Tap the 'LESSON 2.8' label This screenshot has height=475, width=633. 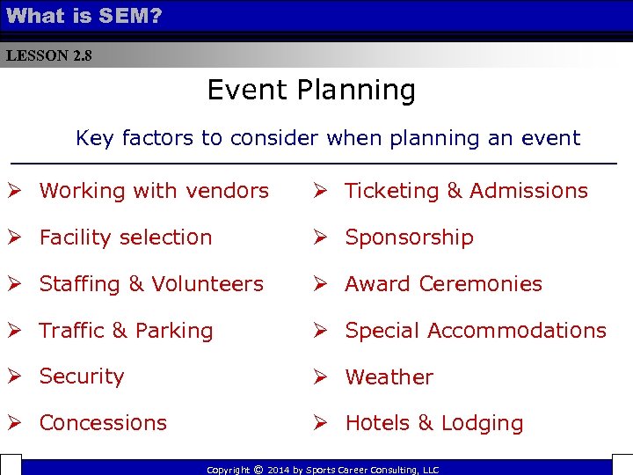(x=48, y=56)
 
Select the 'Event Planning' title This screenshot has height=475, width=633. (x=311, y=91)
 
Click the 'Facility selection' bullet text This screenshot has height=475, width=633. (x=126, y=237)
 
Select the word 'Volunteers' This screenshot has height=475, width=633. (x=207, y=284)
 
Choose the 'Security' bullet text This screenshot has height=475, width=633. (x=82, y=376)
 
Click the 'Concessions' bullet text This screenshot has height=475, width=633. (x=103, y=423)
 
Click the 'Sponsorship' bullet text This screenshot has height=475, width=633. (x=409, y=237)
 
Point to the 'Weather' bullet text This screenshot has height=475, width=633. (x=389, y=377)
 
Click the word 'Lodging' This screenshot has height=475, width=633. (x=483, y=424)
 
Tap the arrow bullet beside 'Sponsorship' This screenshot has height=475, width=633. (x=322, y=237)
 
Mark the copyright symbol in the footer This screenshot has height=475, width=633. (x=258, y=470)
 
